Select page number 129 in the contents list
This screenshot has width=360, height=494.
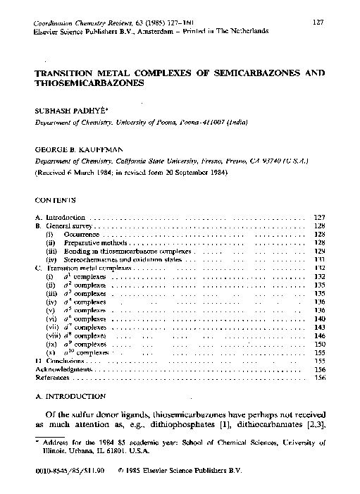(319, 250)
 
